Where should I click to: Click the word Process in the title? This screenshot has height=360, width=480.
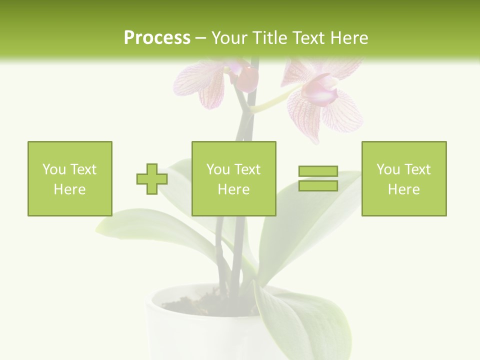pyautogui.click(x=157, y=38)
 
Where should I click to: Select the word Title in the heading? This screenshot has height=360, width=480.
pyautogui.click(x=270, y=38)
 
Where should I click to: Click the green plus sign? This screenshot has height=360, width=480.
pyautogui.click(x=152, y=179)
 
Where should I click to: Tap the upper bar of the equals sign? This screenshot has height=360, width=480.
pyautogui.click(x=318, y=171)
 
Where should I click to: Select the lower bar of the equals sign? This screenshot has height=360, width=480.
pyautogui.click(x=318, y=186)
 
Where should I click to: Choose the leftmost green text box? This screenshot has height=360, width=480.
pyautogui.click(x=69, y=178)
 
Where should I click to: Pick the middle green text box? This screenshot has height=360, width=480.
pyautogui.click(x=233, y=178)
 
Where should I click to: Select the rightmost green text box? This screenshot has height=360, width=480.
pyautogui.click(x=403, y=178)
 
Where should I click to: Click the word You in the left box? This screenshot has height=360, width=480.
pyautogui.click(x=54, y=169)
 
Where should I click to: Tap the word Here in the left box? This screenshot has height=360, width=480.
pyautogui.click(x=69, y=189)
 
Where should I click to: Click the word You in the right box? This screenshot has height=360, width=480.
pyautogui.click(x=388, y=169)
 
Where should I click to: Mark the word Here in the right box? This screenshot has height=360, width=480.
pyautogui.click(x=403, y=189)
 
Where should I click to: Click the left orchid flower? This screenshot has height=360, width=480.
pyautogui.click(x=205, y=82)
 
